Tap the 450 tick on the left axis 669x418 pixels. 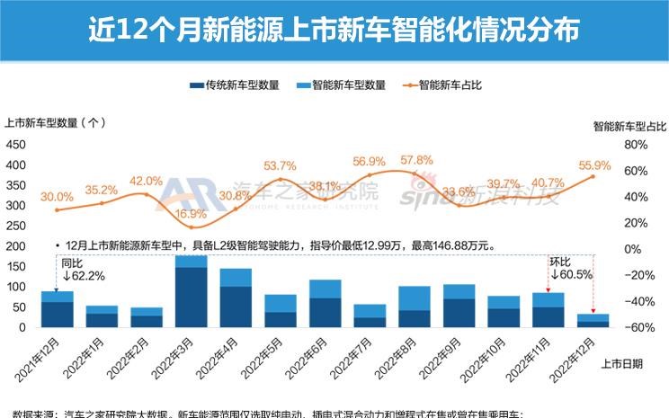[x=15, y=144]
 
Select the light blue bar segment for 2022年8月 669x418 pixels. [x=415, y=298]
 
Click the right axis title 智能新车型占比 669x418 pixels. [x=629, y=127]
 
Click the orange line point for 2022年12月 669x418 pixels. [x=593, y=176]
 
